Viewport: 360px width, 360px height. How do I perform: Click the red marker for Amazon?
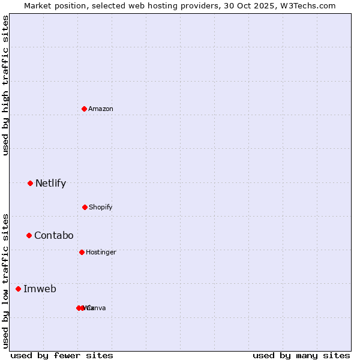pos(85,109)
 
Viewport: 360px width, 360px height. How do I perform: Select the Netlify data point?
pos(31,183)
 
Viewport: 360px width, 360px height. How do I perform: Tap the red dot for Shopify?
pos(85,207)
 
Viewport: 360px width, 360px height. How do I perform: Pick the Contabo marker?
pos(29,235)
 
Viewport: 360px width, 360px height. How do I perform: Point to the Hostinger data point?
pos(82,252)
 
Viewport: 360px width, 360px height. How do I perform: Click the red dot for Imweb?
pos(19,289)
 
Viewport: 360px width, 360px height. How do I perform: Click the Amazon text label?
pos(101,109)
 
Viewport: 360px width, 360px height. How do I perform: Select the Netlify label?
pos(50,184)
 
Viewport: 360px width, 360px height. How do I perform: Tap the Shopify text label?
pos(101,207)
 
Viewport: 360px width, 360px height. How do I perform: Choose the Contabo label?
pos(53,236)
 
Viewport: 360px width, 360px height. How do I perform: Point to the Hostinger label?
pos(101,252)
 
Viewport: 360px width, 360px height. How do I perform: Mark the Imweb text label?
pos(40,289)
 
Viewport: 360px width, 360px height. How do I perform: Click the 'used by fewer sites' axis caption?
pos(62,355)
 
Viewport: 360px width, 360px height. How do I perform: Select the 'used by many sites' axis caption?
pos(301,355)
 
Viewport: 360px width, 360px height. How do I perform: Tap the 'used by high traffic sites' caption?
pos(6,85)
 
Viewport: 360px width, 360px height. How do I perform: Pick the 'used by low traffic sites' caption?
pos(6,280)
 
